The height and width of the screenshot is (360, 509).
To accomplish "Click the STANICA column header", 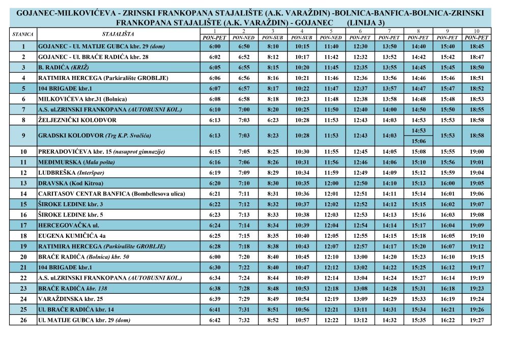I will (22, 34).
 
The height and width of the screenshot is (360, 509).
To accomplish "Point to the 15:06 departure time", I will (418, 141).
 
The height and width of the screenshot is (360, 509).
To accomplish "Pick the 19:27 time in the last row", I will (477, 320).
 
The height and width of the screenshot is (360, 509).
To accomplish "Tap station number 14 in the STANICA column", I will (23, 193).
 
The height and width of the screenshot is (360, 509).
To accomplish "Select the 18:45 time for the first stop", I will (477, 46).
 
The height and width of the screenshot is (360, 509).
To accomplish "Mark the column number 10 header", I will (477, 32).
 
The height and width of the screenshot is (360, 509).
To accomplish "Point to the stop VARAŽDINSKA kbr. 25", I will (70, 299).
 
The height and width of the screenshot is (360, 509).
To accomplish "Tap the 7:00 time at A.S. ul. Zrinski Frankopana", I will (244, 109).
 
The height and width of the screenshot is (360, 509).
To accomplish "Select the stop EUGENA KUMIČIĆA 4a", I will (72, 236).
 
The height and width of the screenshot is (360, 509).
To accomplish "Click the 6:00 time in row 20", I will (215, 257).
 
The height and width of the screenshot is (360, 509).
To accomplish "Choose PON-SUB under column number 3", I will (273, 38).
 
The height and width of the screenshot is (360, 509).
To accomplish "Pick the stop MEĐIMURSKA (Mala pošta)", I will (76, 162).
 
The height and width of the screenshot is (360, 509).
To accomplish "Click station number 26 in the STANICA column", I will (23, 320).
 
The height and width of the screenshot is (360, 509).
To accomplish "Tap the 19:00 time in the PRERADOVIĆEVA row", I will (477, 152).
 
